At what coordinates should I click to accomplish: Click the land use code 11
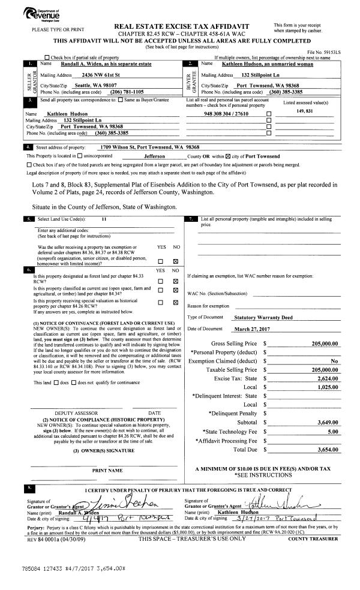click(x=104, y=220)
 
